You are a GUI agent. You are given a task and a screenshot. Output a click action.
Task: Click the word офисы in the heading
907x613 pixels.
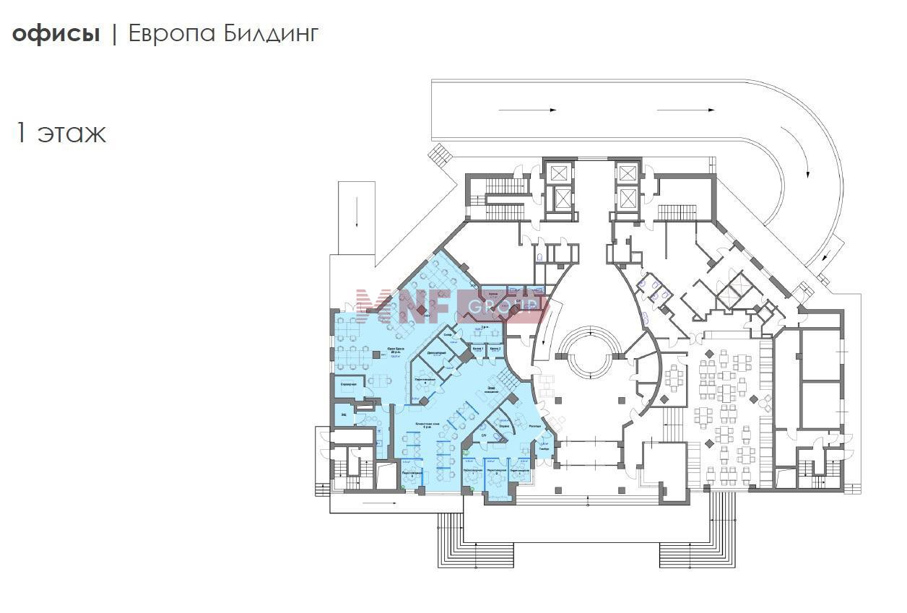[x=56, y=34]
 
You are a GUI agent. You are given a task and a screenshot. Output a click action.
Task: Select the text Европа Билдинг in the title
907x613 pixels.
[x=223, y=34]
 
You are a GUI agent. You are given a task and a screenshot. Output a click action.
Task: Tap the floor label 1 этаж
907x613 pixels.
[x=61, y=133]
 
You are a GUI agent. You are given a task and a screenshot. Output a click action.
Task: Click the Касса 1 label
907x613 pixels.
[x=479, y=348]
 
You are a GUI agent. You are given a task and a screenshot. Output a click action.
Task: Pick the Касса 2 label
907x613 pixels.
[x=495, y=348]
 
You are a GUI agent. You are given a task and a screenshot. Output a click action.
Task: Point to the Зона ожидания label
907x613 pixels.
[x=492, y=390]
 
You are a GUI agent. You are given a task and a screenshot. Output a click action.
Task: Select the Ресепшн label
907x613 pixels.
[x=535, y=427]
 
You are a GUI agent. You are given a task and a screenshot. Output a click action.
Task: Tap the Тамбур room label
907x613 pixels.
[x=544, y=448]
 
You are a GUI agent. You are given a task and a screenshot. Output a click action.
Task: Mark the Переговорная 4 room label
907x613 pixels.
[x=425, y=380]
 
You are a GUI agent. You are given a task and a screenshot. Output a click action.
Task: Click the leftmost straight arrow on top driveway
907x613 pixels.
[x=543, y=110]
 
